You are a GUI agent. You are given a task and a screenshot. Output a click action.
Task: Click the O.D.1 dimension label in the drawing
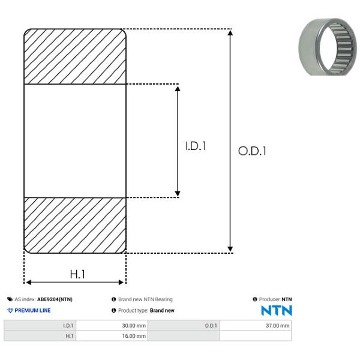(252, 151)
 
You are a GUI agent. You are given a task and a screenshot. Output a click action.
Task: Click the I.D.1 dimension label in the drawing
(196, 146)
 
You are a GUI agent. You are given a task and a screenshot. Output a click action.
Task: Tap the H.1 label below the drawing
(77, 274)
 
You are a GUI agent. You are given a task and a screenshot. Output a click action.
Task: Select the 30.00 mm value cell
(112, 326)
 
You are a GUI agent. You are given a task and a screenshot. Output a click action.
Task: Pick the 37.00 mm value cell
(256, 326)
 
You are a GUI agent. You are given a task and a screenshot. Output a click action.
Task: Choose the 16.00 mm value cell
(112, 336)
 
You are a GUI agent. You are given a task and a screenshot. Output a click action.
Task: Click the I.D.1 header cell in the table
(40, 326)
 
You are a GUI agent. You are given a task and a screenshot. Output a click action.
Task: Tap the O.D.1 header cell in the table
(184, 326)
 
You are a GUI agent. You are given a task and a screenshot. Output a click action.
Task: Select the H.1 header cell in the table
(40, 336)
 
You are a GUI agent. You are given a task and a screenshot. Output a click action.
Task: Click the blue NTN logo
(277, 310)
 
